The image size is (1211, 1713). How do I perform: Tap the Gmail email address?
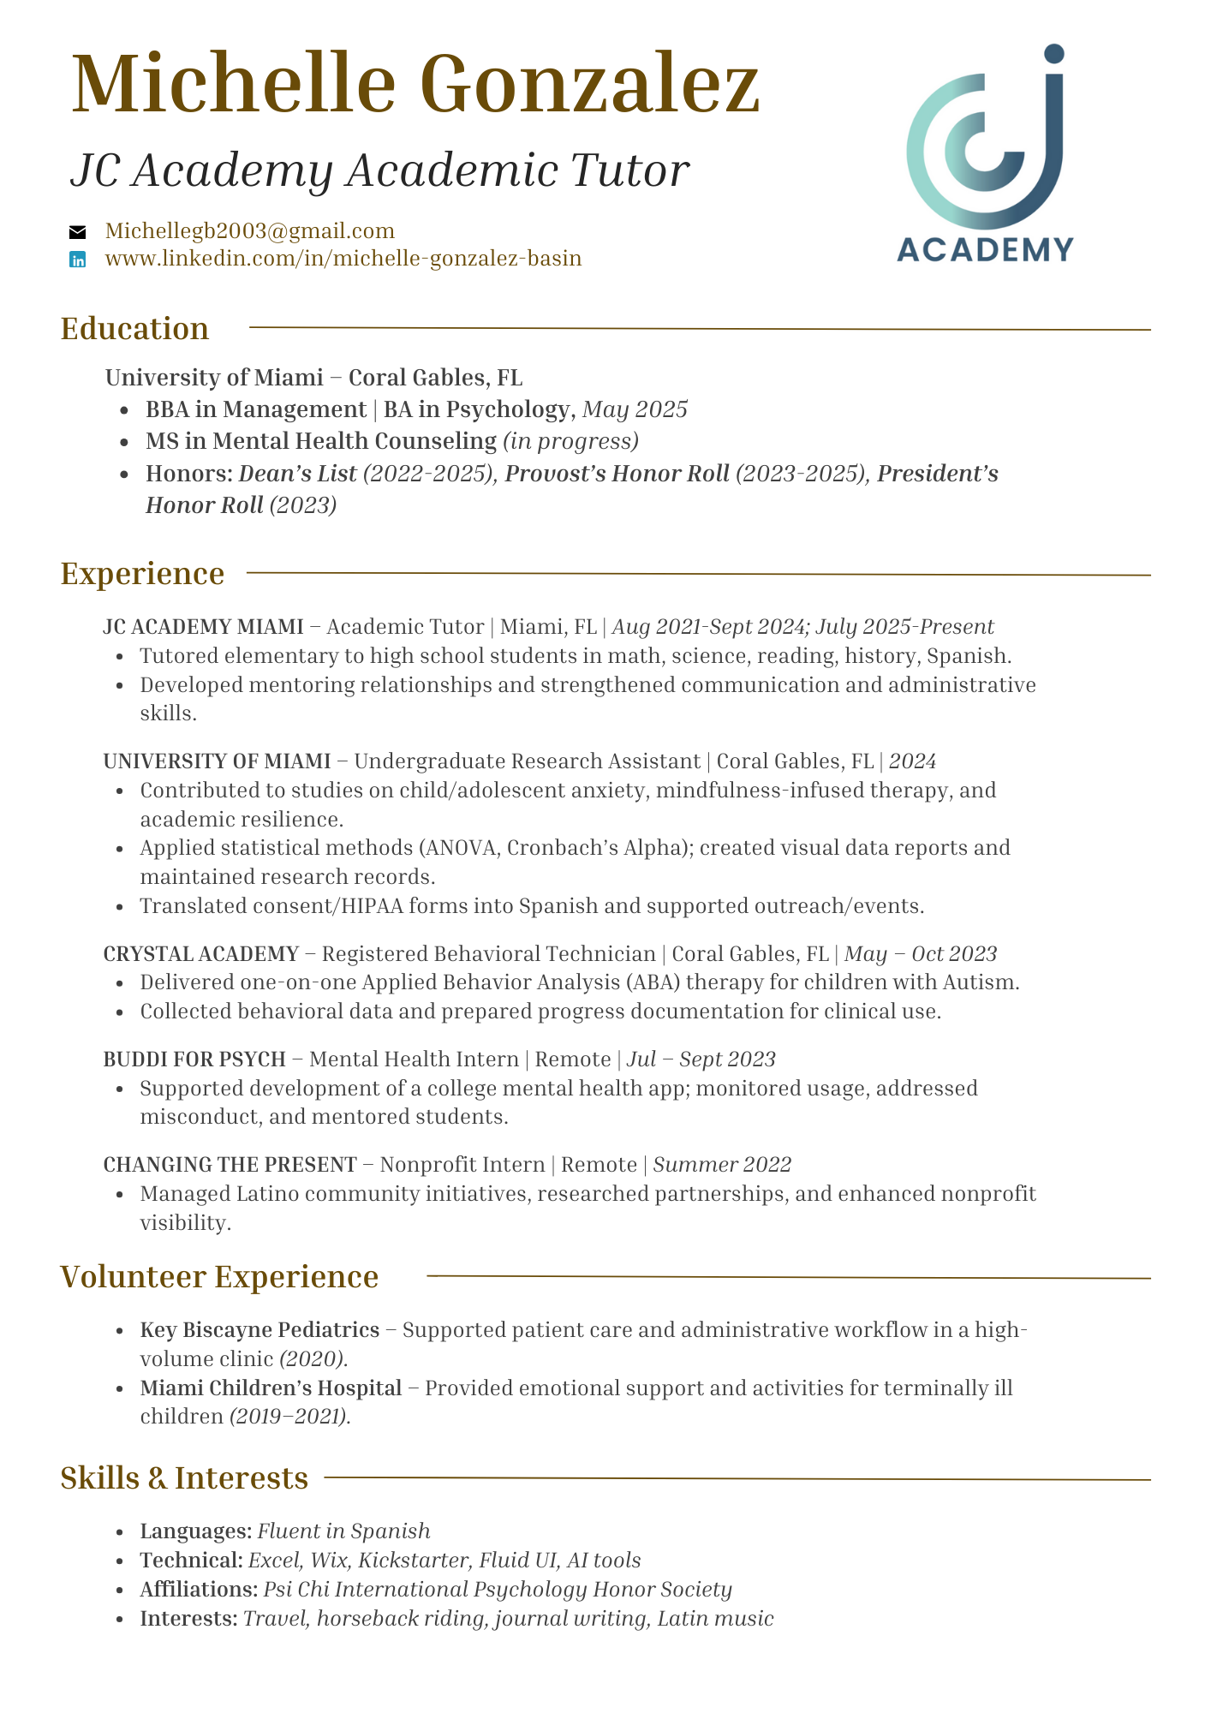click(x=249, y=231)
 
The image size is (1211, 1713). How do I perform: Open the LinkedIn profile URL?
click(x=343, y=259)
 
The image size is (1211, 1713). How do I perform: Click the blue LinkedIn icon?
click(x=78, y=260)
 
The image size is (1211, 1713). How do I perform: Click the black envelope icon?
click(x=78, y=231)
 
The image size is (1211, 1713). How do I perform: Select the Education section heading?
click(x=134, y=330)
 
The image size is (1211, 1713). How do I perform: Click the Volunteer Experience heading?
click(x=219, y=1277)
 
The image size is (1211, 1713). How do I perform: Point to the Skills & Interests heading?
click(x=184, y=1478)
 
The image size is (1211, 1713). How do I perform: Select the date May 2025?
click(x=635, y=409)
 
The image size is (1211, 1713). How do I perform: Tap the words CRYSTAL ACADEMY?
click(x=200, y=954)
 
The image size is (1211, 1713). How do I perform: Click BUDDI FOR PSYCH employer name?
click(x=194, y=1059)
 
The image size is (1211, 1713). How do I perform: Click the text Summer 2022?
click(x=722, y=1165)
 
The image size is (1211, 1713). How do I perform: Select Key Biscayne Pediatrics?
click(x=259, y=1330)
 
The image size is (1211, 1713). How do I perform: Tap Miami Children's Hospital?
click(x=271, y=1388)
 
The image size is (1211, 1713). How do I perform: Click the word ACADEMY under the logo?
click(x=985, y=249)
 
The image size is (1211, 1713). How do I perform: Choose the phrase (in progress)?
click(x=570, y=441)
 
